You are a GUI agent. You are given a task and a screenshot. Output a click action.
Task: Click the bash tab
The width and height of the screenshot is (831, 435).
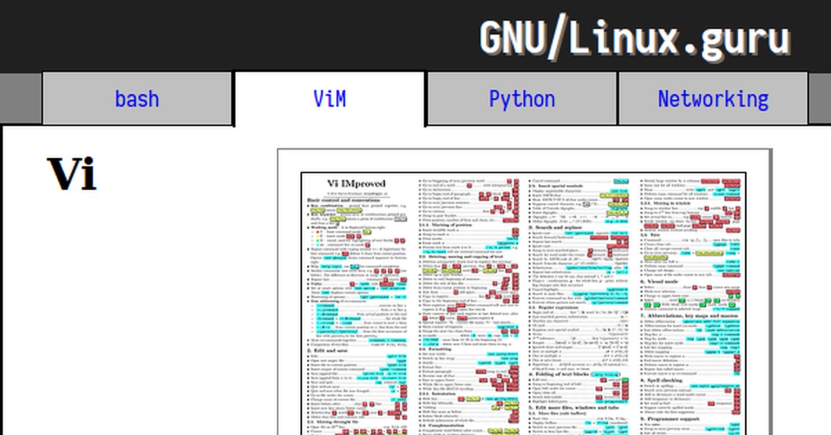[136, 99]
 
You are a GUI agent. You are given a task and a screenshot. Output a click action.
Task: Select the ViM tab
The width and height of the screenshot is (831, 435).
[329, 99]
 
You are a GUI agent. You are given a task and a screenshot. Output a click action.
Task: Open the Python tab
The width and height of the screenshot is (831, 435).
[521, 99]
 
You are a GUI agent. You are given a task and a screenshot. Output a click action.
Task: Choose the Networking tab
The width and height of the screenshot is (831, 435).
[713, 99]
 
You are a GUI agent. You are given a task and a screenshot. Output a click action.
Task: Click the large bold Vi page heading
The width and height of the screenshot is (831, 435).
[71, 174]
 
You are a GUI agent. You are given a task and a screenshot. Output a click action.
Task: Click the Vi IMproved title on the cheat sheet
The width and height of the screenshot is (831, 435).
[356, 183]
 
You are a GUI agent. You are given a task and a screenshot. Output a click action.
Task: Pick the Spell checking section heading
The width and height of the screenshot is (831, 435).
[665, 380]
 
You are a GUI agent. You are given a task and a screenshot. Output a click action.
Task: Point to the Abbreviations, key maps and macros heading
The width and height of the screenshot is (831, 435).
[688, 316]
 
